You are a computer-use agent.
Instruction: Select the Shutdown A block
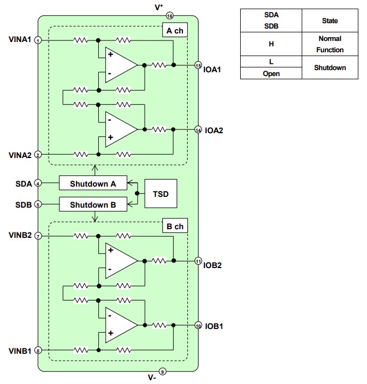click(93, 183)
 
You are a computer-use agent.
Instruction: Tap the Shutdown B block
click(93, 204)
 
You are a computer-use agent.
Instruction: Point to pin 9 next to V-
click(164, 371)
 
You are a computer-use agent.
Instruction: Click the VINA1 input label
click(19, 40)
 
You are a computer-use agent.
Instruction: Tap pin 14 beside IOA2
click(198, 130)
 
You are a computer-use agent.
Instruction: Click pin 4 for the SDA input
click(38, 183)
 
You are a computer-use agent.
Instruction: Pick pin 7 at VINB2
click(38, 236)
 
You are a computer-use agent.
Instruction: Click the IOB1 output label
click(214, 326)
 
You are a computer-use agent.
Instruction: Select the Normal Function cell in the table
click(330, 44)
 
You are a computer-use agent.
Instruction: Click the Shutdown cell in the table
click(330, 68)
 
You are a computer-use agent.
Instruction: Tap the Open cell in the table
click(271, 73)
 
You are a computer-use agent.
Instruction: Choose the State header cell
click(330, 20)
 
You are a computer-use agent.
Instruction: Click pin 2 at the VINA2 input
click(38, 155)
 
